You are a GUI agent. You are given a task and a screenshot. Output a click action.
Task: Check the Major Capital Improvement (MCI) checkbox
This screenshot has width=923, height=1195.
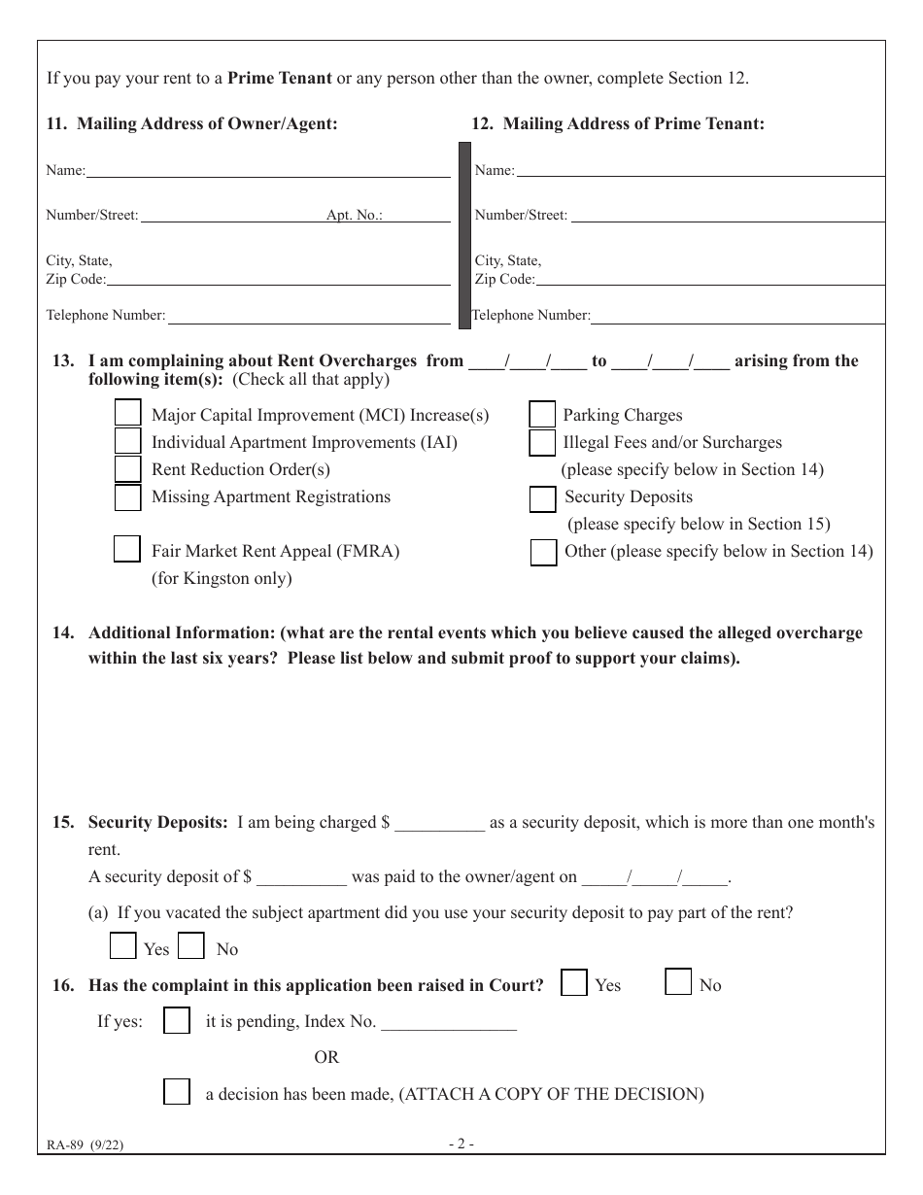(x=127, y=414)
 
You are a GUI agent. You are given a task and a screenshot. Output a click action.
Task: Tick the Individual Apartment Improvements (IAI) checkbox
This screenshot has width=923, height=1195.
(x=127, y=441)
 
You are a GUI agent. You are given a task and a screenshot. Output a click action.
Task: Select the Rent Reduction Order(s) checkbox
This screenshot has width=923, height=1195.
(x=127, y=469)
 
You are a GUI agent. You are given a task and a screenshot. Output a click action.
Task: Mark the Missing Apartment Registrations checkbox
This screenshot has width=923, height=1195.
(x=127, y=497)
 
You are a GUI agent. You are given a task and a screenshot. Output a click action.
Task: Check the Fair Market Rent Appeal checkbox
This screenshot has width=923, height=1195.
(x=127, y=549)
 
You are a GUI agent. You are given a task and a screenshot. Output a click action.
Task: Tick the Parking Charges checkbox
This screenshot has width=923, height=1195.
(x=542, y=415)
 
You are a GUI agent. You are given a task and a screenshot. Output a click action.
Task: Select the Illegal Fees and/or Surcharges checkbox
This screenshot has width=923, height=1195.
(x=542, y=443)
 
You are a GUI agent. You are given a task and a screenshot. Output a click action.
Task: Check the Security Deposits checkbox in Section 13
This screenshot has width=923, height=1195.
(x=542, y=498)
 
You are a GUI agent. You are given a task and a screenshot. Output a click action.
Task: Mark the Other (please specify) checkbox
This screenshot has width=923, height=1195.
(x=543, y=552)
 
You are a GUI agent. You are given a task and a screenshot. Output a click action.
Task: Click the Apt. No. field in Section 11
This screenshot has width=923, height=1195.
(x=417, y=216)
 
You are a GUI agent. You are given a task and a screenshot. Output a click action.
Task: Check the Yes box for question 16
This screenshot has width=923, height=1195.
(x=574, y=983)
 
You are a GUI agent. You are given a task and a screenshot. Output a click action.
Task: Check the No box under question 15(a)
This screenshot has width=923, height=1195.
(x=191, y=946)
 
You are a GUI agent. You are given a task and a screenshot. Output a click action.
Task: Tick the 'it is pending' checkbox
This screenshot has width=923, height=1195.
(x=177, y=1020)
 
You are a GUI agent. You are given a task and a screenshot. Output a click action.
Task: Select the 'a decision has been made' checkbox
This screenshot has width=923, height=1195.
(x=177, y=1092)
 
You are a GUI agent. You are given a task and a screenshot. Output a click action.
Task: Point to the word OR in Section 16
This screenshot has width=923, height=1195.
(x=326, y=1057)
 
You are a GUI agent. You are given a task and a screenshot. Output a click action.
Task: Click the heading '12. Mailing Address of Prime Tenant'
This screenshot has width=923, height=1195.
(x=618, y=124)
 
